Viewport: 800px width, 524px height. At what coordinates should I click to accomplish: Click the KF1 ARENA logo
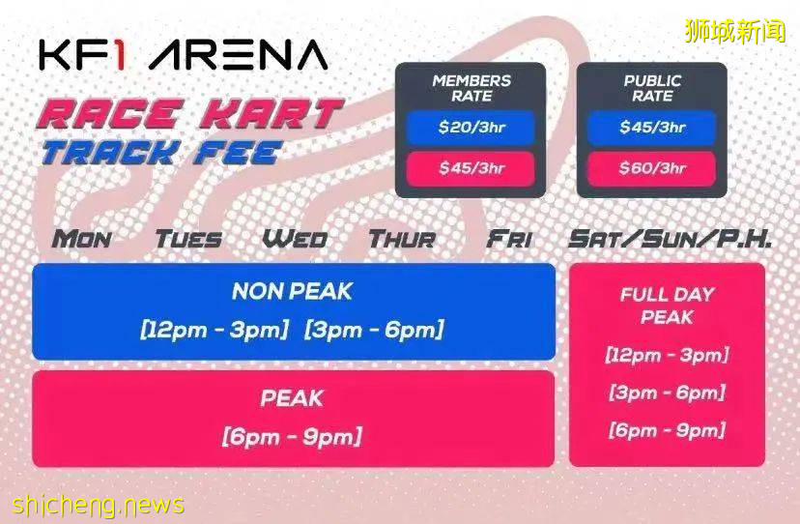click(x=184, y=55)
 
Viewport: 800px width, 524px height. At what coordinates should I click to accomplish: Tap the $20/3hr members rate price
click(x=471, y=128)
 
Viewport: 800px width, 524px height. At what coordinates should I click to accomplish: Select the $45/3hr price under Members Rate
click(x=471, y=168)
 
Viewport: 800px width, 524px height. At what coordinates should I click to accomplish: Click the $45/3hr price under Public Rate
click(x=652, y=128)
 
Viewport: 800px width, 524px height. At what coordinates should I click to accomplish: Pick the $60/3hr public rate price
click(x=652, y=168)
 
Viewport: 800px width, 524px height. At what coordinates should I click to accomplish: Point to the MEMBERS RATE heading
click(x=471, y=88)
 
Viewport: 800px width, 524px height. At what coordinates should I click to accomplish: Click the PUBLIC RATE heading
click(x=652, y=88)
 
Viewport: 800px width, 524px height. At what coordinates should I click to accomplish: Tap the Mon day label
click(x=81, y=239)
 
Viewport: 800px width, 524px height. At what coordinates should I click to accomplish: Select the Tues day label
click(x=188, y=239)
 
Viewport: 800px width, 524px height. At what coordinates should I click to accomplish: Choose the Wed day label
click(x=295, y=239)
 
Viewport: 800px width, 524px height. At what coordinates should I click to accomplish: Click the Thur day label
click(x=403, y=239)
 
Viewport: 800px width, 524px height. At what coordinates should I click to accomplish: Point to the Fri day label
click(x=509, y=239)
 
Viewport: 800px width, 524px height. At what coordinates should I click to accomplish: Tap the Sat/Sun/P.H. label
click(x=670, y=239)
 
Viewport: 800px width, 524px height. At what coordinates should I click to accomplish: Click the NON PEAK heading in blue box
click(x=292, y=292)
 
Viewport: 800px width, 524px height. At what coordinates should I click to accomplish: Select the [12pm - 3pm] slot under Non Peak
click(x=214, y=330)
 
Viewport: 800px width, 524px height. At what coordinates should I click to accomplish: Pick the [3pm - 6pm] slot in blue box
click(x=374, y=330)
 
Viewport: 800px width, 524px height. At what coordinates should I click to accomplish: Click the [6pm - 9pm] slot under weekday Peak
click(x=292, y=437)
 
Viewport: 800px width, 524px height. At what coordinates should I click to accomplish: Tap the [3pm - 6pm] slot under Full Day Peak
click(x=667, y=393)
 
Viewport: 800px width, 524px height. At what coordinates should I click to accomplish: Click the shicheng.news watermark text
click(x=98, y=505)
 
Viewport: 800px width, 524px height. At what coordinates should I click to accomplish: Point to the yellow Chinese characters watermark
click(x=735, y=31)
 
